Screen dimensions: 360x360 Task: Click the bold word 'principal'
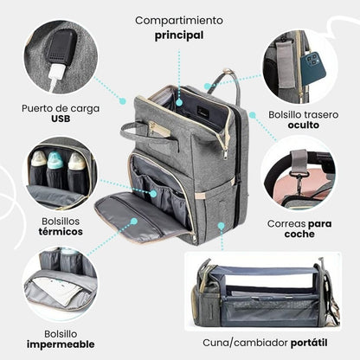[179, 35]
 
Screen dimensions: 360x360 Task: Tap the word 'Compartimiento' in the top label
[179, 19]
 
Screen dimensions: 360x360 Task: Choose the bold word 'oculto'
[298, 124]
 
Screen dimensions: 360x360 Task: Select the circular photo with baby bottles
[59, 171]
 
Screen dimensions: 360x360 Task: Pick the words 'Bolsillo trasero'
[298, 111]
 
